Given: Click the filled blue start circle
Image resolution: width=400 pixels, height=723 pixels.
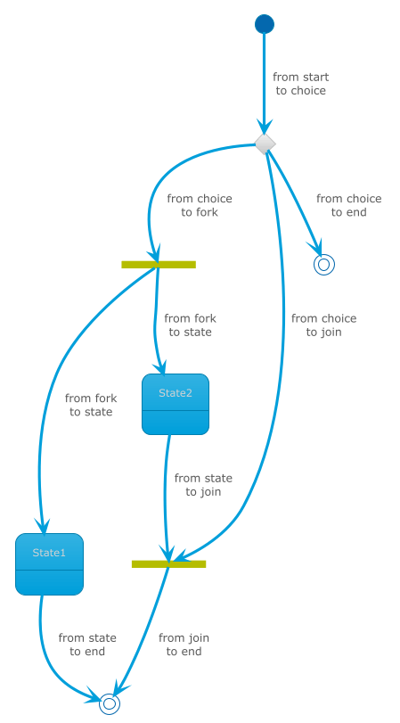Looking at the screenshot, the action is tap(265, 24).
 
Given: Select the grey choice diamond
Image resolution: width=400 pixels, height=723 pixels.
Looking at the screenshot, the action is tap(265, 144).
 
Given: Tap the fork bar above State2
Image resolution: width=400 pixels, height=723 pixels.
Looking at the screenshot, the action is tap(159, 265).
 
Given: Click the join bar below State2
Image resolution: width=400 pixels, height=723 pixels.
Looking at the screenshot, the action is tap(168, 564).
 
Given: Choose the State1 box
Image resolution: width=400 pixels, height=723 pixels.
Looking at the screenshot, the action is tap(49, 564).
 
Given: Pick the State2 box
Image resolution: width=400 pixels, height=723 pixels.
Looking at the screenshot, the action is tap(176, 405).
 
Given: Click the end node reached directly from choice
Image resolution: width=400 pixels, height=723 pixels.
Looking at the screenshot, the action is tap(324, 265).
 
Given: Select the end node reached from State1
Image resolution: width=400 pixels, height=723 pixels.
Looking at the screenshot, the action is tap(110, 704).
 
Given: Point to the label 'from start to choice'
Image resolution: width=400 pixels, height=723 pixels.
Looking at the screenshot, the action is tap(301, 84).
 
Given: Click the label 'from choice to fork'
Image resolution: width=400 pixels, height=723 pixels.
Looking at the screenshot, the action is tap(200, 205).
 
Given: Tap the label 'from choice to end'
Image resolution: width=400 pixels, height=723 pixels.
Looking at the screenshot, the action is tap(349, 205).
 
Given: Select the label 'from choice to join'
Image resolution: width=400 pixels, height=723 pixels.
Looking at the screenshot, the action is tap(324, 325).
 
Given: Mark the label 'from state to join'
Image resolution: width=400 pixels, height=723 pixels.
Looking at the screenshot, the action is tap(203, 485).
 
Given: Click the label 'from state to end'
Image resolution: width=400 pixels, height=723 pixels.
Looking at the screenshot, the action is tap(87, 645).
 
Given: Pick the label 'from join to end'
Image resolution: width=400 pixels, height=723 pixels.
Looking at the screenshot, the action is tap(184, 645).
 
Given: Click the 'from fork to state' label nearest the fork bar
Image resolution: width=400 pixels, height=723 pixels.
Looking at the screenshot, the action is tap(190, 325).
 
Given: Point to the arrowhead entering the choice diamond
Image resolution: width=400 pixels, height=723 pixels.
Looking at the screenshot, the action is tap(265, 127).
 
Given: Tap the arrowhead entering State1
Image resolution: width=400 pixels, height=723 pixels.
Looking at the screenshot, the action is tap(44, 526).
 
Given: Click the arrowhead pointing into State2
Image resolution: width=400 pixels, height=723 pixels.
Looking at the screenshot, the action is tap(160, 367).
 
